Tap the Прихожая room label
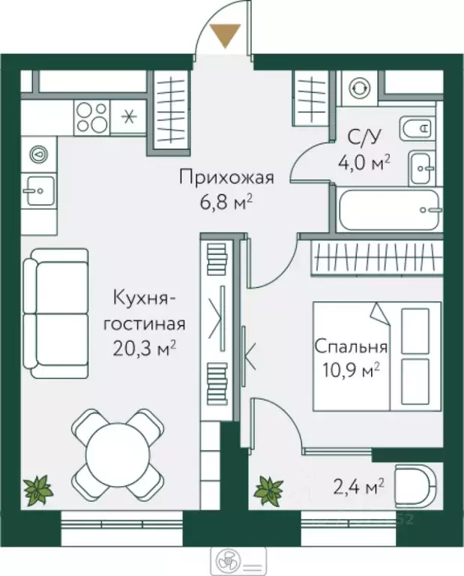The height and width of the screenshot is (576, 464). (226, 178)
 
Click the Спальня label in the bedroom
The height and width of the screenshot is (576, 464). (351, 347)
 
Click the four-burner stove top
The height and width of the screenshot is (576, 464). (91, 117)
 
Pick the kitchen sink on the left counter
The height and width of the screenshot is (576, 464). (37, 190)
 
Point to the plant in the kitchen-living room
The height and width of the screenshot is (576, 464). (37, 490)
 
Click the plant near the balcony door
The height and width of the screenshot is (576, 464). (268, 490)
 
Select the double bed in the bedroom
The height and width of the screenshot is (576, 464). (377, 355)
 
